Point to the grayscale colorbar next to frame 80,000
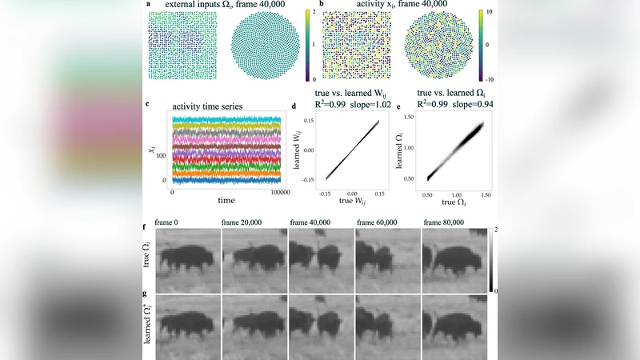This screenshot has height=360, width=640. tap(493, 260)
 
